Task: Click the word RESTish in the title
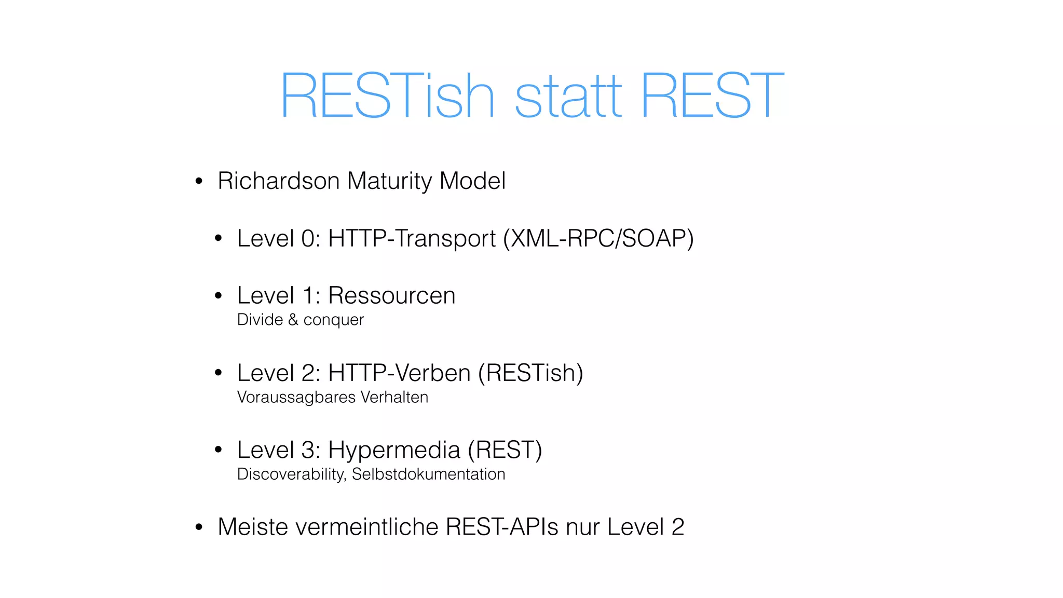point(387,96)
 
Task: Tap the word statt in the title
point(568,96)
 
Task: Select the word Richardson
point(279,181)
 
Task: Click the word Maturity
point(389,182)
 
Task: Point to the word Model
point(472,181)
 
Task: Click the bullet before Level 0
point(219,239)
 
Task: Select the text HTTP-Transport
point(412,239)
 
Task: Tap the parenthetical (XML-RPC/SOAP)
point(598,239)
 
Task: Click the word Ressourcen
point(392,296)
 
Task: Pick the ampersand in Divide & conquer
point(293,320)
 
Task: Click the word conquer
point(333,320)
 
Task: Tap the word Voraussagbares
point(296,398)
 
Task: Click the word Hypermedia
point(394,450)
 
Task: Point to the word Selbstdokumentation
point(428,474)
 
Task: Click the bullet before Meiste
point(199,527)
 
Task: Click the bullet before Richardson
point(199,182)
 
